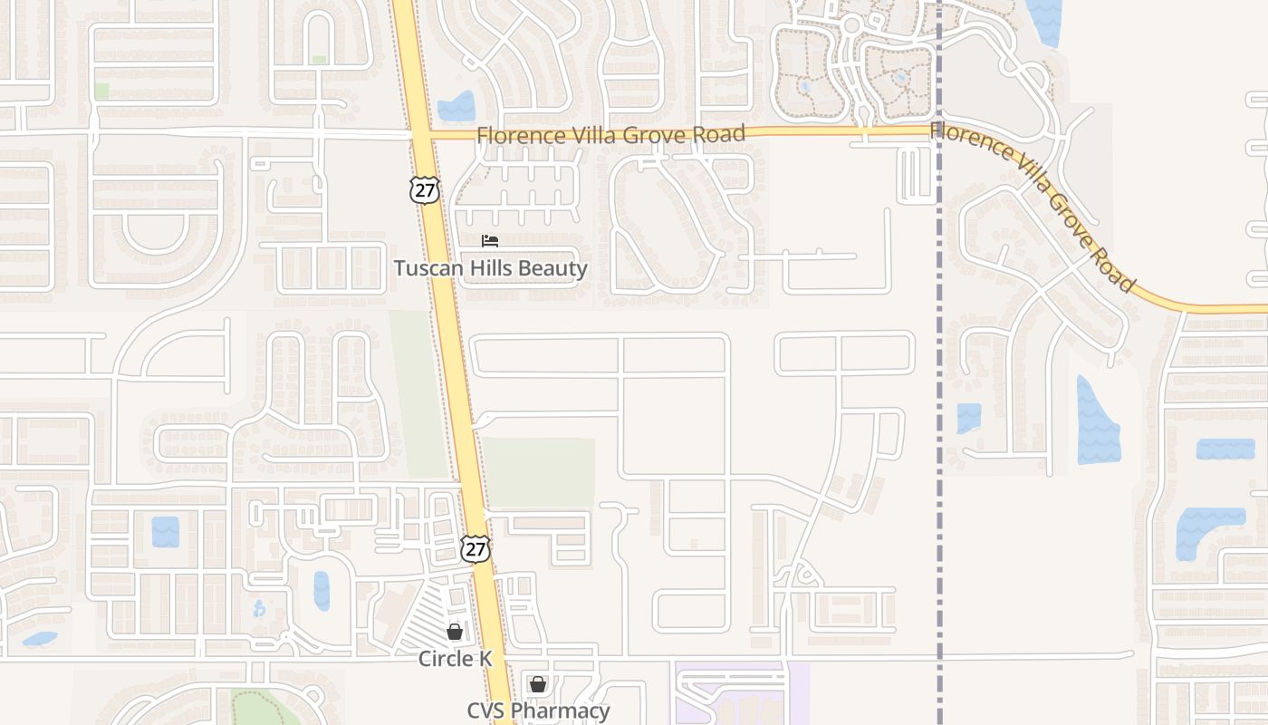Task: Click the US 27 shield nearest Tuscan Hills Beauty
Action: point(424,188)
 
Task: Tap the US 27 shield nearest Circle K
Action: point(475,548)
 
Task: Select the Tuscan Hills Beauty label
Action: point(490,268)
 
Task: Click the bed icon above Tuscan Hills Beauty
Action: point(490,241)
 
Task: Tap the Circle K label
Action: point(455,659)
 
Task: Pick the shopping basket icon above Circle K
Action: point(455,632)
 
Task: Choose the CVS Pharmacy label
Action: point(538,710)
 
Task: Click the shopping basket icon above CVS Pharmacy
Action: point(538,683)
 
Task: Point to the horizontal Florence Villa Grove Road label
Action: point(611,135)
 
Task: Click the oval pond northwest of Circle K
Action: point(322,591)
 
